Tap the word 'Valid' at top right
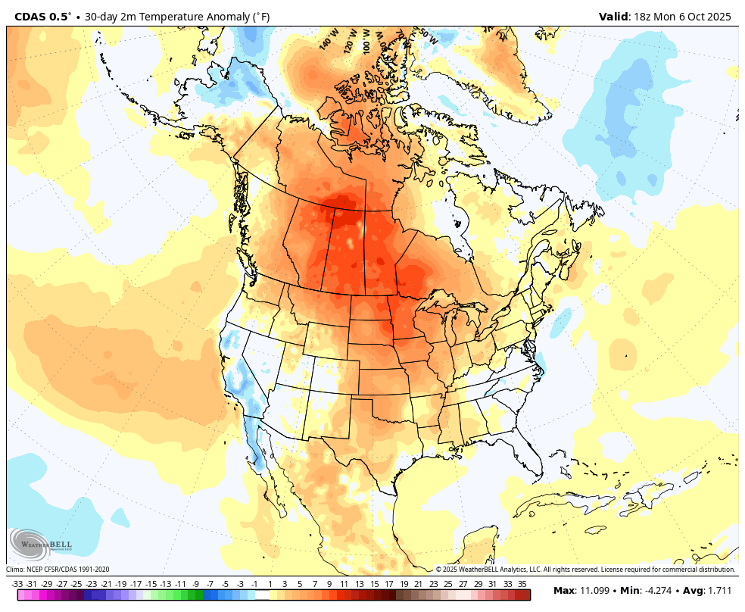coord(612,17)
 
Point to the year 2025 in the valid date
coord(718,17)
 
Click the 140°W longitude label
coord(327,40)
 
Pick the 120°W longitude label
coord(351,40)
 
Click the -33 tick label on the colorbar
coord(17,584)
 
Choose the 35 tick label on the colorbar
coord(522,584)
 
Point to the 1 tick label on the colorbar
coord(270,584)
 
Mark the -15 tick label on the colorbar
coord(151,584)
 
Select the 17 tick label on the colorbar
coord(388,584)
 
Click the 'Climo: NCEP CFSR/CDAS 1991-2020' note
coord(58,570)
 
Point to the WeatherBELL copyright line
coord(585,570)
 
